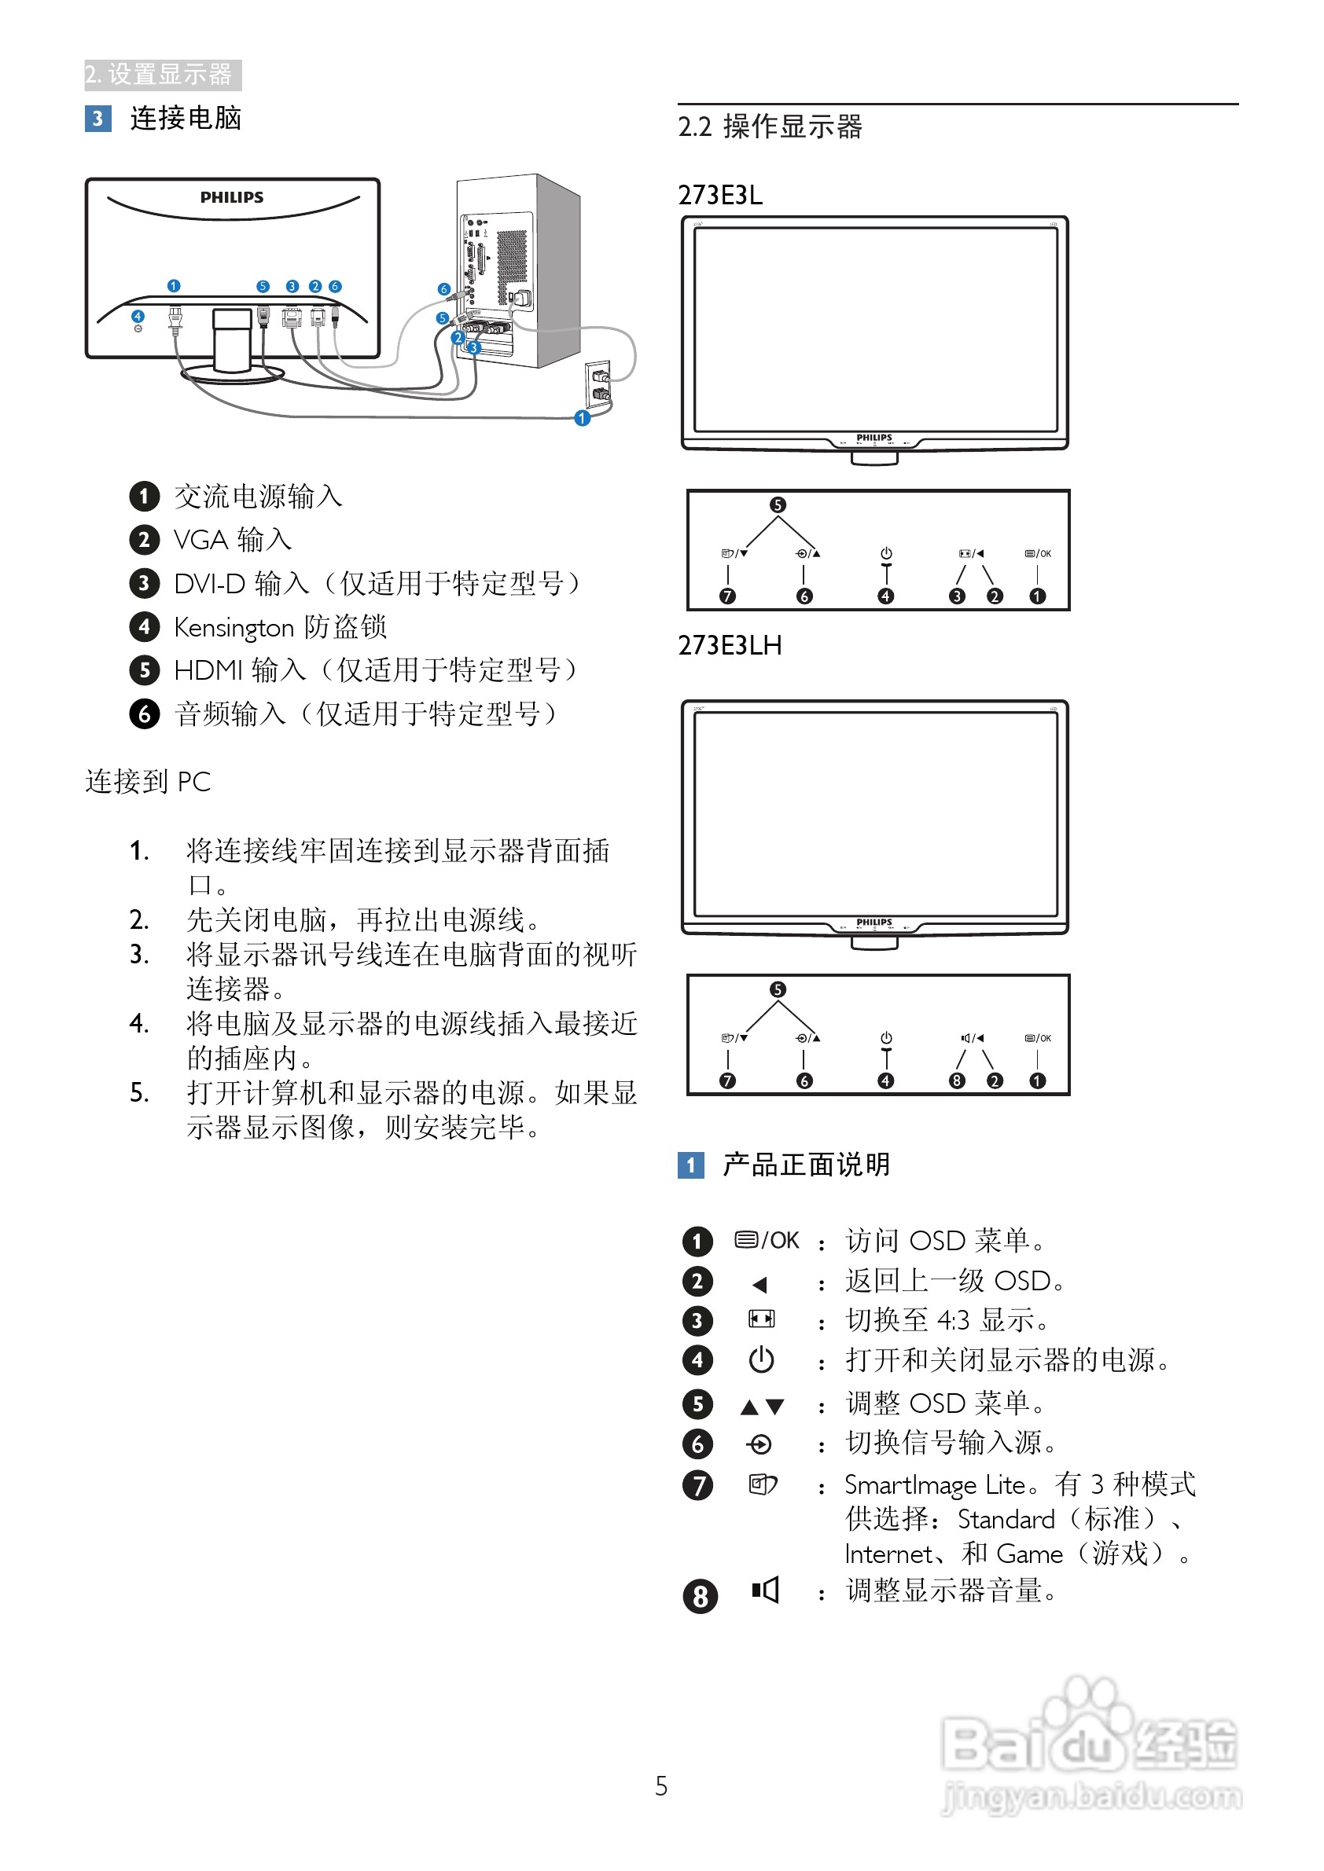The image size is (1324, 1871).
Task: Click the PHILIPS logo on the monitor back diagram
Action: pos(231,197)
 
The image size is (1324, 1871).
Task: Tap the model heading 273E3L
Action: pos(720,196)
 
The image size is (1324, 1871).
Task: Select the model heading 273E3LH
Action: pos(730,645)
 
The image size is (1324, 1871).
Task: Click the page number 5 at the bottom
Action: pos(661,1786)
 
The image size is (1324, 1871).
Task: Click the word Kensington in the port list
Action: pos(234,628)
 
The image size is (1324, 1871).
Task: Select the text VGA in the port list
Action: pos(200,541)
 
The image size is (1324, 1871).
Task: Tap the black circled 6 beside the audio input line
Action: pos(145,714)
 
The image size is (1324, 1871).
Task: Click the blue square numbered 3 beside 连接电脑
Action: pos(97,119)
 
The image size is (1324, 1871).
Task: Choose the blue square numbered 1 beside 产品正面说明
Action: pos(690,1165)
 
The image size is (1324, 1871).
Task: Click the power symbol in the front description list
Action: pos(762,1360)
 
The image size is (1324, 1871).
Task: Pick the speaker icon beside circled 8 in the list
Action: pos(765,1590)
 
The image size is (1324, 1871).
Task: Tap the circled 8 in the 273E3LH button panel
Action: pos(957,1080)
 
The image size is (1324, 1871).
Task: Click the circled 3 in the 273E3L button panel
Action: pos(957,596)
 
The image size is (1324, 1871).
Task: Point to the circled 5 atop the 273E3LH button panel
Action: pos(778,989)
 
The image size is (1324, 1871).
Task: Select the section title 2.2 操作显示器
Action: pos(770,127)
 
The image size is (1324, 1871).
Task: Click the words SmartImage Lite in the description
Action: pos(934,1485)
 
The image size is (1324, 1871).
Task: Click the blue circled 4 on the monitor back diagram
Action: pos(138,316)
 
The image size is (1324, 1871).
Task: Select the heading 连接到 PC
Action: pos(148,782)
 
